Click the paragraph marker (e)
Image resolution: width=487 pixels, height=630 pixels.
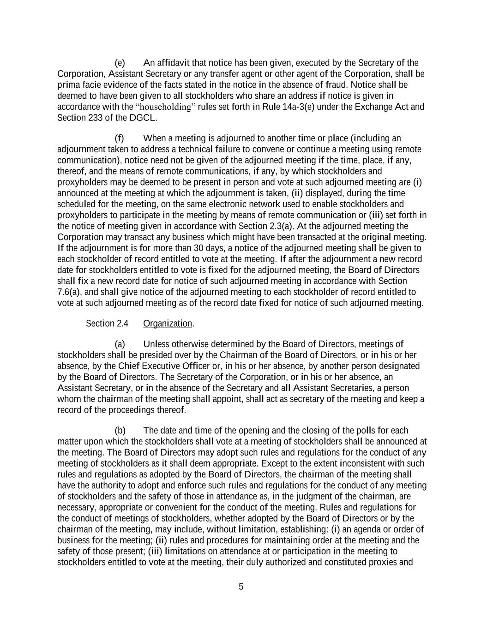[120, 63]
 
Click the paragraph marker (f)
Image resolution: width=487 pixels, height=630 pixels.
[120, 138]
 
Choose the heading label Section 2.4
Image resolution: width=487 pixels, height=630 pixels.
[107, 324]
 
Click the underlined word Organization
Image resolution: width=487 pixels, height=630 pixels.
[168, 324]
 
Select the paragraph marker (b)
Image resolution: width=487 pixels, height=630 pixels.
[120, 431]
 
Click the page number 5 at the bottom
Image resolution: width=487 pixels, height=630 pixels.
[241, 587]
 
